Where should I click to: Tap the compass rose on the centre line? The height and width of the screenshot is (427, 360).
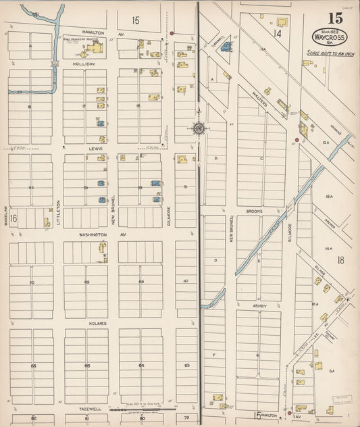(199, 128)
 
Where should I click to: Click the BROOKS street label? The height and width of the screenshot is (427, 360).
(254, 211)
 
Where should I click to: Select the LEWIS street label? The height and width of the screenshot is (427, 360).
(93, 147)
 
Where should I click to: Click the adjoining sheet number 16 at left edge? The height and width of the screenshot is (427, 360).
(13, 218)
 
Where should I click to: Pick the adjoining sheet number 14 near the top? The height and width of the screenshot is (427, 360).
(277, 32)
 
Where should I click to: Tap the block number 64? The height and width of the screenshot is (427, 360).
(141, 366)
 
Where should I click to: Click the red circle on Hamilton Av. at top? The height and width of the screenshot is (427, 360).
(172, 32)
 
